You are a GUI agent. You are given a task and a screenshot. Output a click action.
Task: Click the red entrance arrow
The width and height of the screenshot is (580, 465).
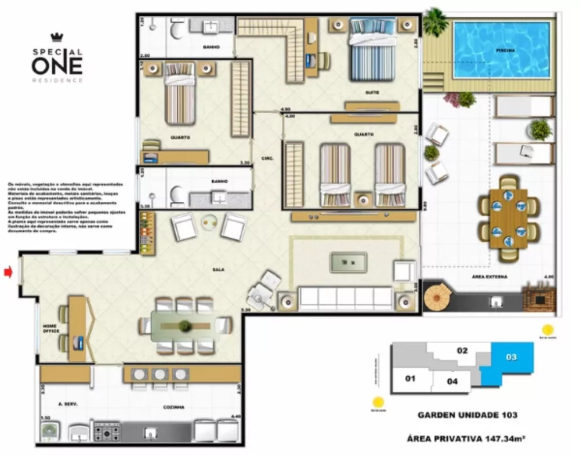click(x=8, y=271)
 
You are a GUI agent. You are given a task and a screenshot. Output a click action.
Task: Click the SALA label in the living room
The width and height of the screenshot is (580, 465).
click(x=218, y=270)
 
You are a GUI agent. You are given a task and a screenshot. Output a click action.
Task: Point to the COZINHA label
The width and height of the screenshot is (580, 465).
click(x=173, y=407)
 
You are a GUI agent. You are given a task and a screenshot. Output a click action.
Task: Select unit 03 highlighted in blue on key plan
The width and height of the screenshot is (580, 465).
click(x=511, y=358)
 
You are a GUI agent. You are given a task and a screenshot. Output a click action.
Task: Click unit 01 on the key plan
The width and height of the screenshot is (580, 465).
click(x=410, y=379)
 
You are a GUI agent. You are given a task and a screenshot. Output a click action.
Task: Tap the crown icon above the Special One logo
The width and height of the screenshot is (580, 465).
click(x=56, y=38)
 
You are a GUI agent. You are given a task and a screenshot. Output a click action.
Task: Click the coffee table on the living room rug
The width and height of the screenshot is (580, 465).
click(x=348, y=263)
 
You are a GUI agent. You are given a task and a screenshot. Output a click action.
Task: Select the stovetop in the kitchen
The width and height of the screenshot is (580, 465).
click(x=107, y=431)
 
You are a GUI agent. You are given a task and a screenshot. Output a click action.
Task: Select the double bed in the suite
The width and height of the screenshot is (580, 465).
click(x=372, y=49)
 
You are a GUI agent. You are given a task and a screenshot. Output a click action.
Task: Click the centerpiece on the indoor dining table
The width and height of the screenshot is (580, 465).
click(x=185, y=326)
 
